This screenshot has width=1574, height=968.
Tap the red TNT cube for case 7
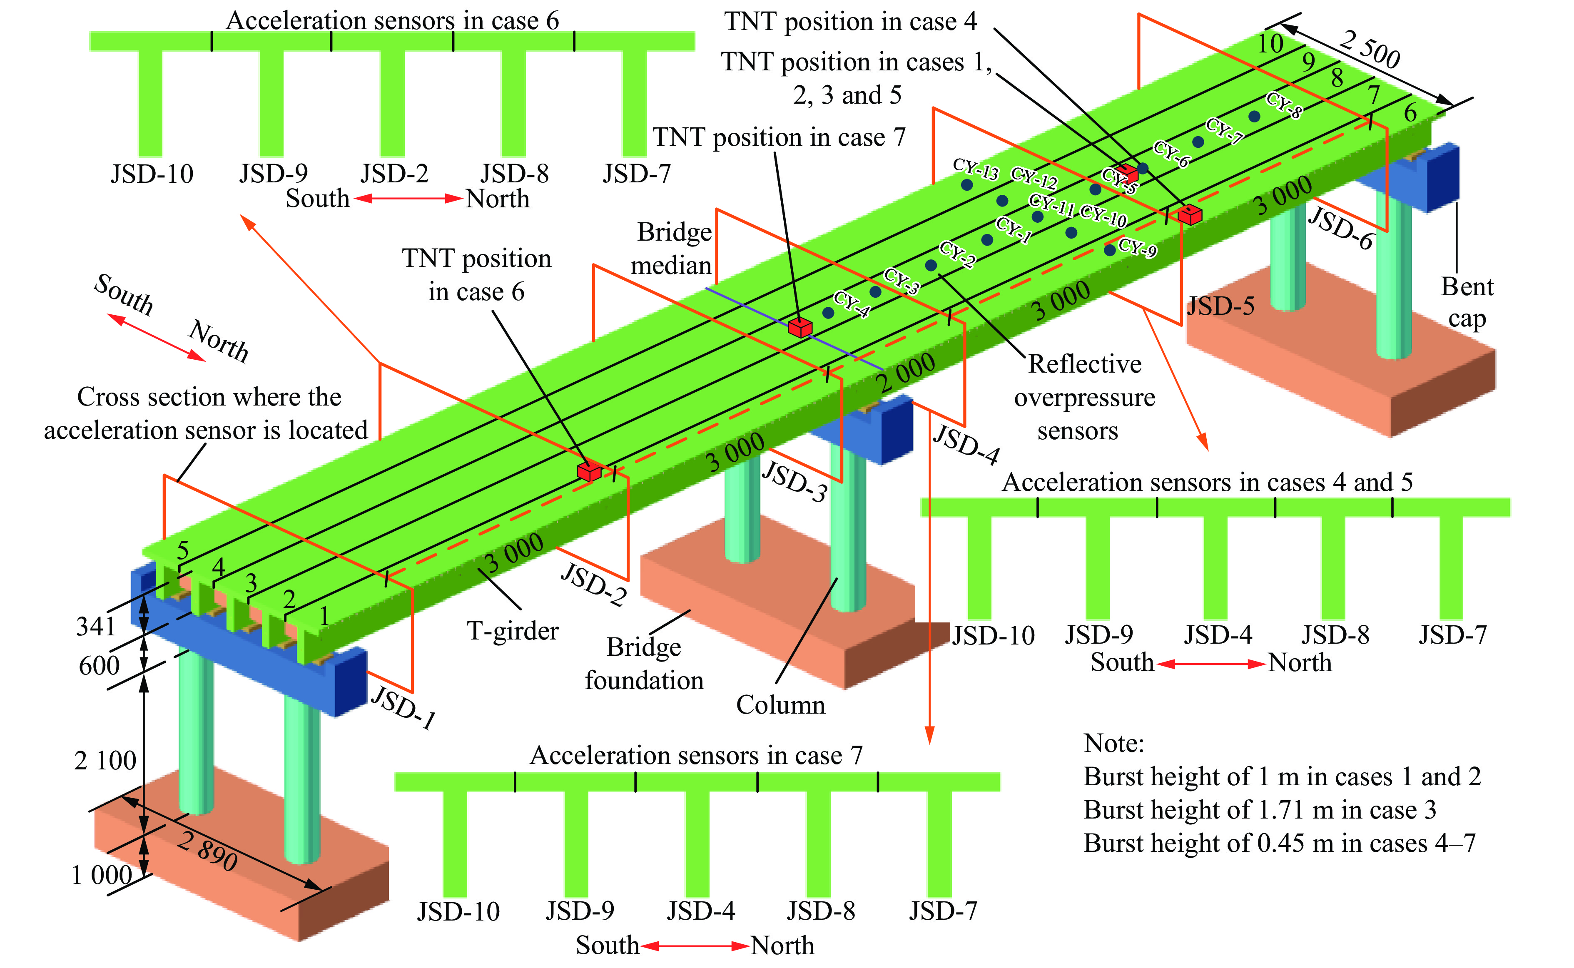(799, 327)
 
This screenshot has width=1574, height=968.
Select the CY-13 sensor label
(975, 168)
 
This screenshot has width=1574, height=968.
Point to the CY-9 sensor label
(1138, 247)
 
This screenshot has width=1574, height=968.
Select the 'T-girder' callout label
(512, 631)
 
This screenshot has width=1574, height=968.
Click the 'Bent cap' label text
(1467, 302)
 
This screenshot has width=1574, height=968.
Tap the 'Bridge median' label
(672, 249)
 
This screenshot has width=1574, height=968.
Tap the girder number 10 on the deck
(1270, 44)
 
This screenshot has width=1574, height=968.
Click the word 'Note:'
(1114, 743)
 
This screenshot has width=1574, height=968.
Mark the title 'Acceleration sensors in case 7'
(696, 755)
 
